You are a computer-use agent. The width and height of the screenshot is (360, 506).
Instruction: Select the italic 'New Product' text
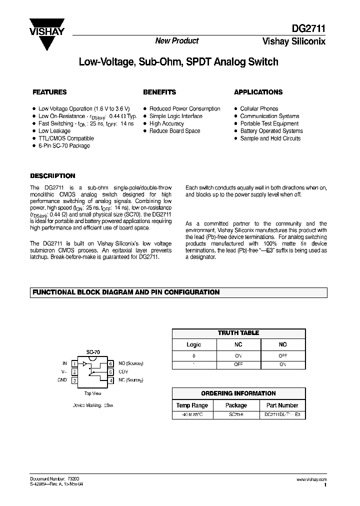point(176,41)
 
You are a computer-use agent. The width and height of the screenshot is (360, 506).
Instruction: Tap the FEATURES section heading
point(49,92)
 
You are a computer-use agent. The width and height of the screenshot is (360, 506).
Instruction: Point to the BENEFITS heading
point(159,92)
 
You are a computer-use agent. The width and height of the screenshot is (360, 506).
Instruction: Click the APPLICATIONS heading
point(258,92)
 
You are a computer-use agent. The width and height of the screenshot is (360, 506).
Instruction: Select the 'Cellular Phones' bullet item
point(259,108)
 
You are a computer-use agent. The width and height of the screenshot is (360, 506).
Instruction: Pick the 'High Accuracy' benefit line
point(166,123)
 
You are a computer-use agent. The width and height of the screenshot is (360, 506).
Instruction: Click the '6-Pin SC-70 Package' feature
point(64,146)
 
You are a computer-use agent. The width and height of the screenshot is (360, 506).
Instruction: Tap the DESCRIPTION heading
point(52,176)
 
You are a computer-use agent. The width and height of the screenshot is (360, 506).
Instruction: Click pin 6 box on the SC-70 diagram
point(111,363)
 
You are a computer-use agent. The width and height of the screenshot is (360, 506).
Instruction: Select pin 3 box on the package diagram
point(74,380)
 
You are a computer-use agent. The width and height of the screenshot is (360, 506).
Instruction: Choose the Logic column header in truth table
point(194,344)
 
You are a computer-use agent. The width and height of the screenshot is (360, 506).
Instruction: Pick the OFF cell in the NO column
point(282,355)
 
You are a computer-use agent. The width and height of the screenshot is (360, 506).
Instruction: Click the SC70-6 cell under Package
point(236,415)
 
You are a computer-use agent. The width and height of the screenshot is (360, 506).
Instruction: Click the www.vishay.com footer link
point(312,479)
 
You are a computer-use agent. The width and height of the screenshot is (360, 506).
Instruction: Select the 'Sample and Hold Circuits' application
point(270,138)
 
